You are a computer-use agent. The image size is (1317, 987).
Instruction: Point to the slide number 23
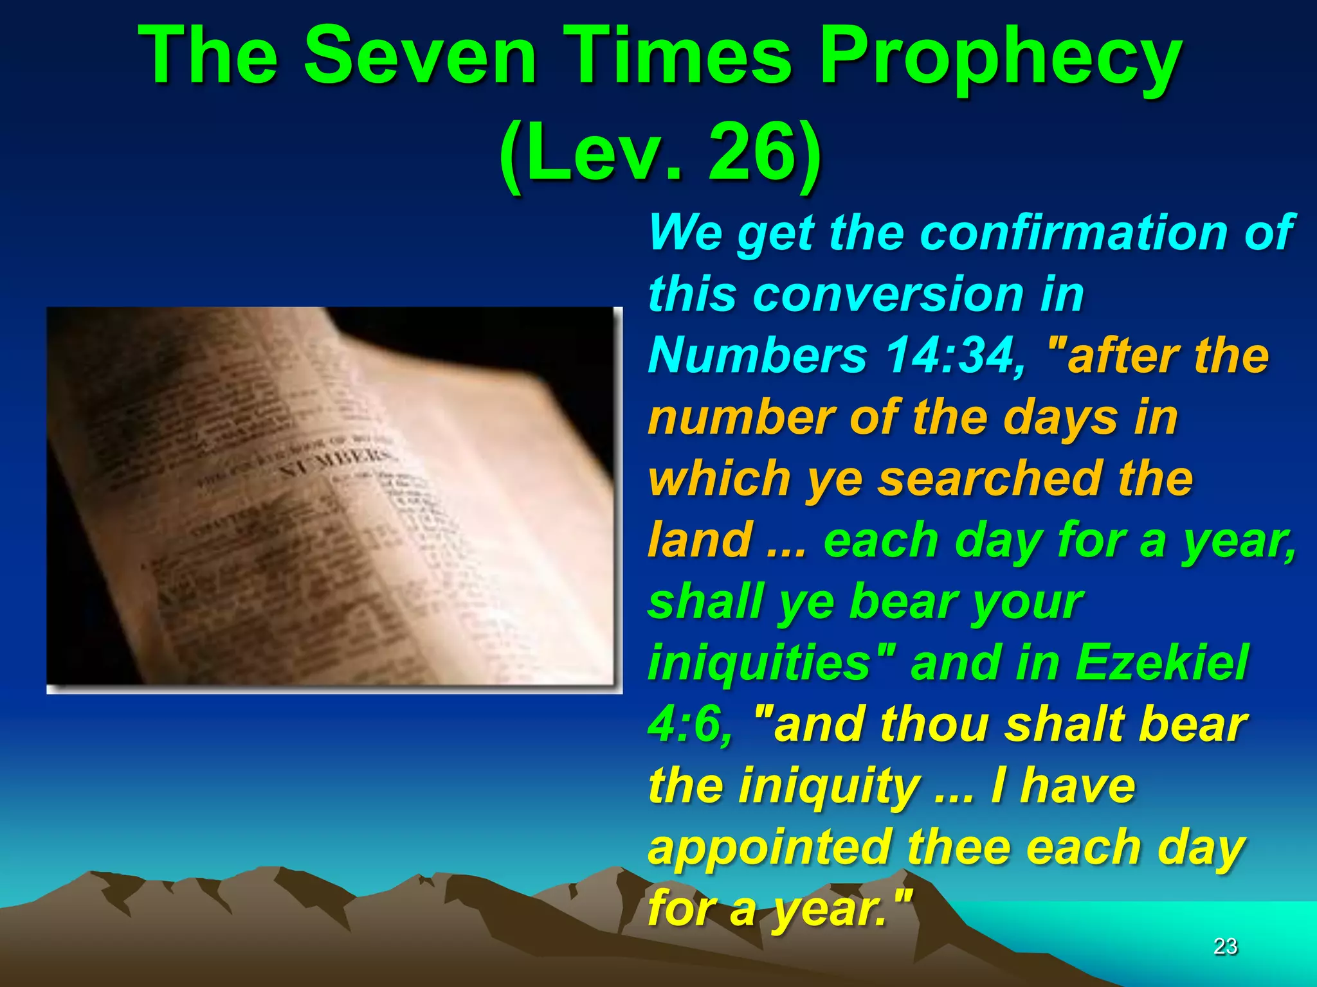click(1225, 947)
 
